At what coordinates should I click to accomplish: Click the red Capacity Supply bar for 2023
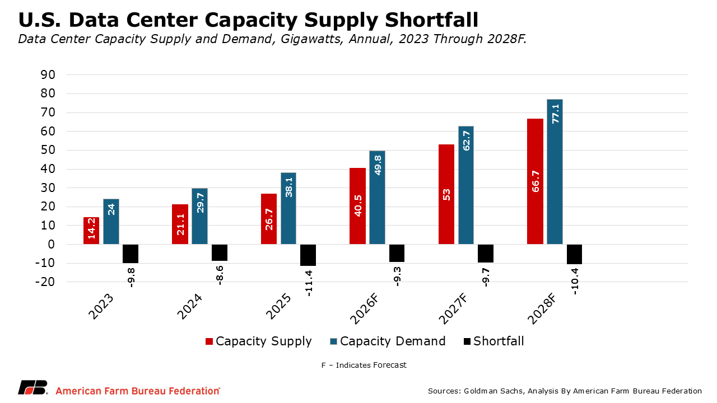(x=91, y=231)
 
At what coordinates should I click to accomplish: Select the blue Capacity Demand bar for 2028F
(x=555, y=171)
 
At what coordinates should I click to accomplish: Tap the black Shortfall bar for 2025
(x=308, y=255)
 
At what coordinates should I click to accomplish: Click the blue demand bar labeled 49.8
(x=377, y=197)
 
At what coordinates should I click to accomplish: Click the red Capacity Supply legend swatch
(x=209, y=341)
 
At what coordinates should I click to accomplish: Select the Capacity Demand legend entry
(x=392, y=341)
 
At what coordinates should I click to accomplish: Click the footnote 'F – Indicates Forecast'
(x=364, y=365)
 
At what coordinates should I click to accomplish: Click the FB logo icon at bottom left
(x=32, y=388)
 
